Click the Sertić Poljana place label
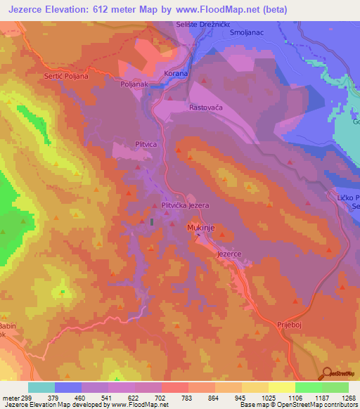click(x=67, y=76)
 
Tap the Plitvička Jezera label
click(x=186, y=206)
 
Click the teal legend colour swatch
click(x=41, y=387)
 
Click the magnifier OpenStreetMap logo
click(x=328, y=373)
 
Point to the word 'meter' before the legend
click(x=11, y=398)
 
